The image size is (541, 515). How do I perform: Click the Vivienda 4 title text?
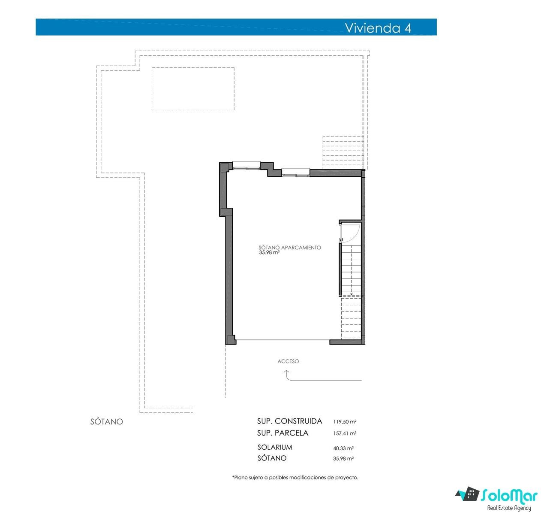[378, 28]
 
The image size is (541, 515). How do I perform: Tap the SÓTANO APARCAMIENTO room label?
[289, 248]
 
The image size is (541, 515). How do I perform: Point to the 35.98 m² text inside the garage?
[269, 252]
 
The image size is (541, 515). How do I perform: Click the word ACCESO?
[288, 361]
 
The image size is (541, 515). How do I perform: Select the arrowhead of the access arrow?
[286, 372]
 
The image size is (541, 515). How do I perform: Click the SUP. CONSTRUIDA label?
[289, 421]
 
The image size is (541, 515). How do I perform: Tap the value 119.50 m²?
[345, 421]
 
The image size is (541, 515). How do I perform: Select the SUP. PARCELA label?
[283, 433]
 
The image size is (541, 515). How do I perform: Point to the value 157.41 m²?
[345, 433]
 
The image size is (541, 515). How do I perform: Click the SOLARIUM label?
[275, 447]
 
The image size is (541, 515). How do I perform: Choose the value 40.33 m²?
[343, 448]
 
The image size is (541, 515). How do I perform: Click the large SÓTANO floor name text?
[106, 421]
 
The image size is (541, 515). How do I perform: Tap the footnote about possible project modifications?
[295, 478]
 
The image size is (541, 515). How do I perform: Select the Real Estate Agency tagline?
[509, 508]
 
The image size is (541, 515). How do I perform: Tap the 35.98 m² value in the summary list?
[343, 458]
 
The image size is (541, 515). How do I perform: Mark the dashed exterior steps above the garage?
[343, 153]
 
